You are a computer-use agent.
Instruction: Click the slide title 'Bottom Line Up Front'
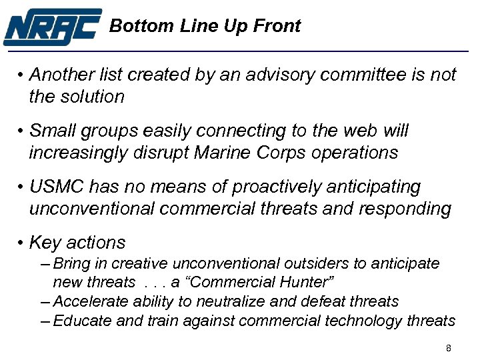tap(205, 26)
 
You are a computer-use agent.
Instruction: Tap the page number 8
tap(449, 349)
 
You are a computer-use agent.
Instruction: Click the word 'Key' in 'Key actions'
tap(45, 243)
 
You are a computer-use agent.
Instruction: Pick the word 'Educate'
tap(81, 321)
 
